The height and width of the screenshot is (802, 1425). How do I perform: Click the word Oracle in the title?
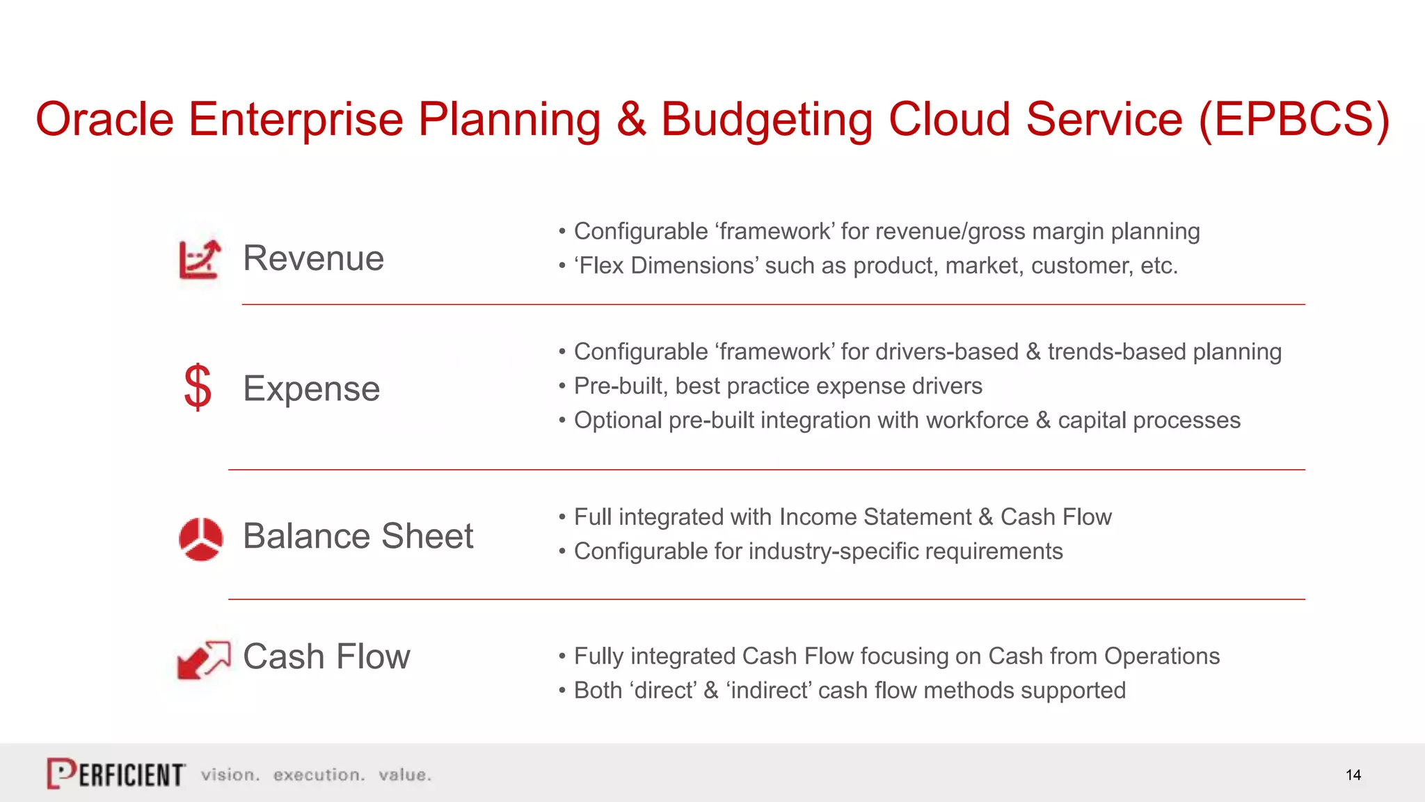tap(104, 119)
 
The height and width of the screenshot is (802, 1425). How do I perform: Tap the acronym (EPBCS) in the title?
tap(1293, 119)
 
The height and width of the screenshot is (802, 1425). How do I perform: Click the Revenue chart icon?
tap(200, 259)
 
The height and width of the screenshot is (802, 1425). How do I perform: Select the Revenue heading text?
tap(313, 258)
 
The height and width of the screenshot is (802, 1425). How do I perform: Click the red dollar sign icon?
tap(198, 387)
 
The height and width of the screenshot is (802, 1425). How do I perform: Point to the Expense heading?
tap(311, 388)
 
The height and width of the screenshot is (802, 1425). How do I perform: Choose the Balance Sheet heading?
tap(358, 536)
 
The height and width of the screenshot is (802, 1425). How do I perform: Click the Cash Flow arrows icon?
tap(203, 659)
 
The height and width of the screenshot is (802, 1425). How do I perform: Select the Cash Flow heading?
tap(326, 656)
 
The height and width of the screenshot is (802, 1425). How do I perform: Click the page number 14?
tap(1353, 775)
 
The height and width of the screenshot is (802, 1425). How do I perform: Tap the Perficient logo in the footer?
tap(116, 773)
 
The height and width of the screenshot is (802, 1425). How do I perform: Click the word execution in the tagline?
tap(319, 775)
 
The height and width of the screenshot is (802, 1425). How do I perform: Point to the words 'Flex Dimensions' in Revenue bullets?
tap(668, 266)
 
